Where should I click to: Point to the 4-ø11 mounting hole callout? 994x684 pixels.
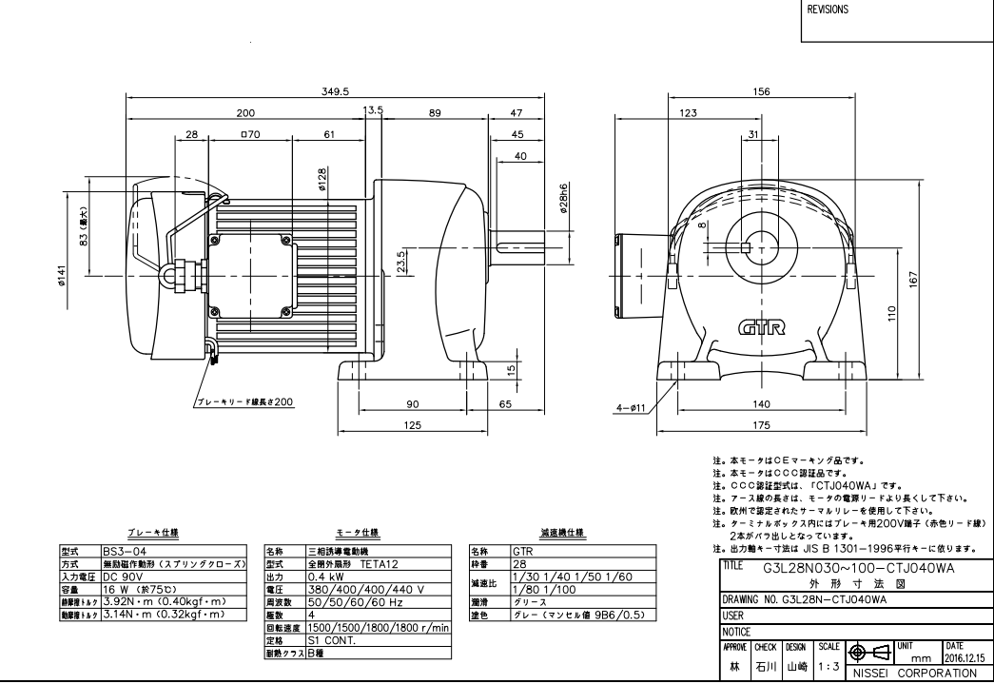click(x=631, y=407)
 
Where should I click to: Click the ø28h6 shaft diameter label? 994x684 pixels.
click(x=563, y=203)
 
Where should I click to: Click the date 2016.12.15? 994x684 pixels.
click(x=963, y=657)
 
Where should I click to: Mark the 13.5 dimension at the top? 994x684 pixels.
click(x=374, y=111)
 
